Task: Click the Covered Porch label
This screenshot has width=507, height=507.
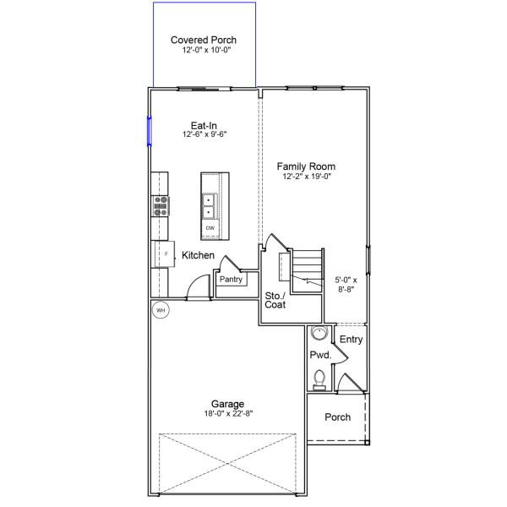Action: tap(204, 40)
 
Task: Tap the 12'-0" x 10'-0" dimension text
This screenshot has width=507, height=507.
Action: tap(206, 50)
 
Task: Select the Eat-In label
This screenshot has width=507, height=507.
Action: tap(204, 125)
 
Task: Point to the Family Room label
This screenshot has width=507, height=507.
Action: tap(306, 166)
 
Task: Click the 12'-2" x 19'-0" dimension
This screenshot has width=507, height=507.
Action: tap(307, 177)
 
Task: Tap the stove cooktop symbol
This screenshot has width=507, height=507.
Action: tap(161, 206)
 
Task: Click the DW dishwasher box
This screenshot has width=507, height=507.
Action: tap(210, 228)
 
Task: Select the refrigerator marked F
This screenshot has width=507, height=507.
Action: tap(165, 254)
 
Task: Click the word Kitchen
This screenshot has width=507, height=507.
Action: tap(198, 255)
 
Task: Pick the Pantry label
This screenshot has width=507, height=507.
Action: tap(231, 279)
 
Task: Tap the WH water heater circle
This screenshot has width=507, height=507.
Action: tap(161, 310)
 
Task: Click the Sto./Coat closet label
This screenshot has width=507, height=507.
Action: tap(275, 300)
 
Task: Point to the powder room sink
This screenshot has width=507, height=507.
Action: tap(319, 333)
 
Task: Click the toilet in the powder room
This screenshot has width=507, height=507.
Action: tap(319, 380)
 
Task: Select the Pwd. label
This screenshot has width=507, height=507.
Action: tap(320, 355)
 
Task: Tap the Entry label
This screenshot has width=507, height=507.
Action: tap(351, 340)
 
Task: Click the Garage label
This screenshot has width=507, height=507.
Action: tap(227, 404)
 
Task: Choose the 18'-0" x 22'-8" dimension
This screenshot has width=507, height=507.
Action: tap(228, 413)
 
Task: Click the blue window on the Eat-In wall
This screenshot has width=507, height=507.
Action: tap(150, 131)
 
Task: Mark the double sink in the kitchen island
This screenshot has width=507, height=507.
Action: tap(209, 206)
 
